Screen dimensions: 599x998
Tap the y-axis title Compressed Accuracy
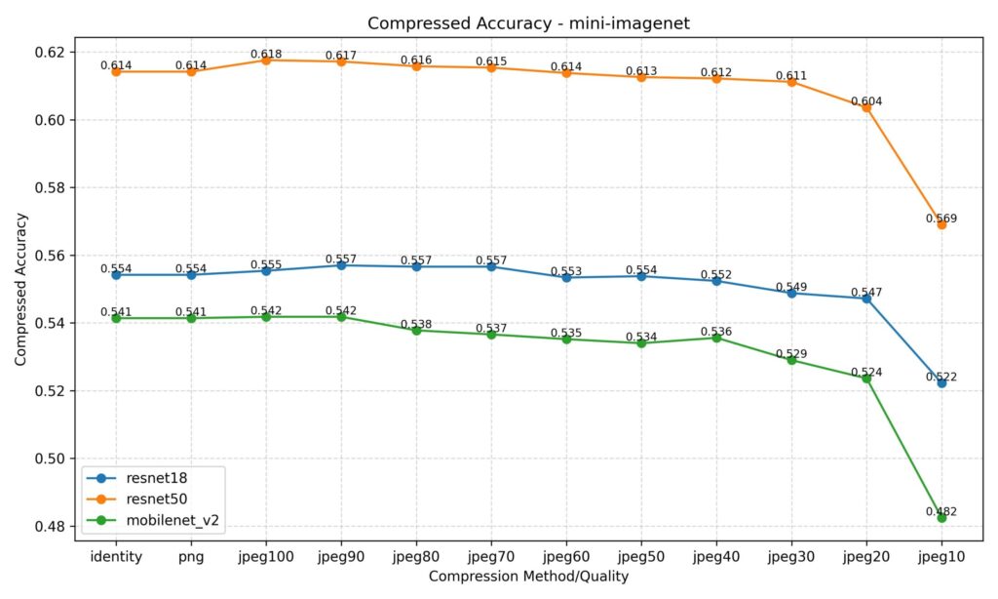point(20,289)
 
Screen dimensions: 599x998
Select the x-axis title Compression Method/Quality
point(528,577)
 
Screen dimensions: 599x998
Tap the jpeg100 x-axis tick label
point(266,556)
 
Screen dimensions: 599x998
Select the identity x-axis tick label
point(116,556)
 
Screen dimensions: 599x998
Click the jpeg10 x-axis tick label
point(941,556)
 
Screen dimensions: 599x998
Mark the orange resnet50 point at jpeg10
point(941,225)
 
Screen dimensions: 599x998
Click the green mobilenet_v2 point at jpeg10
point(941,518)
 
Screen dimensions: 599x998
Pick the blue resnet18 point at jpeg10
point(941,383)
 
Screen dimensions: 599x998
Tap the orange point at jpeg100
point(266,60)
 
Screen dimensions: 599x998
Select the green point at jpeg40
point(716,338)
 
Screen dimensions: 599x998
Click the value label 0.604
point(866,100)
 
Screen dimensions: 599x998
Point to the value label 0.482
point(941,511)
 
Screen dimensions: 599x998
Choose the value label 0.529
point(791,353)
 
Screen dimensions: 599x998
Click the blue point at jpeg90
point(341,265)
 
